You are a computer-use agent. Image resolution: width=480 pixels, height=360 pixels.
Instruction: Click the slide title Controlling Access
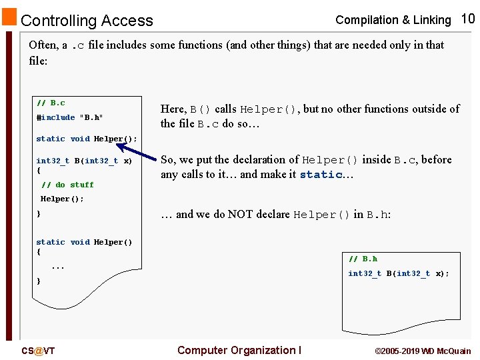point(87,21)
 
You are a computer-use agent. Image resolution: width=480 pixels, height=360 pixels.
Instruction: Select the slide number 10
point(468,19)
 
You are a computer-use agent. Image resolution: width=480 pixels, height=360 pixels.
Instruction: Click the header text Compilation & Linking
point(393,20)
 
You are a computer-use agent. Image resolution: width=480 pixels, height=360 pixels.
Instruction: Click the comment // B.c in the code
point(51,103)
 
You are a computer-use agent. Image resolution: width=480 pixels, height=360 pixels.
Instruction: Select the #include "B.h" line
point(69,117)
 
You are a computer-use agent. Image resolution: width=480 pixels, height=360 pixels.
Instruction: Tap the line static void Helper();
point(86,139)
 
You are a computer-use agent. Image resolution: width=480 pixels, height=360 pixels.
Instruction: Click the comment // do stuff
point(67,185)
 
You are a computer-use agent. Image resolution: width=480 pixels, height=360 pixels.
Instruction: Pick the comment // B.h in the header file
point(363,259)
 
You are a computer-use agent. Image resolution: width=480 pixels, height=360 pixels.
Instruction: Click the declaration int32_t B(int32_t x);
point(398,273)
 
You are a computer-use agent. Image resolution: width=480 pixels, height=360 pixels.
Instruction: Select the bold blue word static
point(321,175)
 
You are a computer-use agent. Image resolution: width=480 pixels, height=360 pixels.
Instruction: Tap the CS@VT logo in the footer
point(38,351)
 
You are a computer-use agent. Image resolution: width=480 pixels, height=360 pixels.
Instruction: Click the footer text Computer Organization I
point(239,350)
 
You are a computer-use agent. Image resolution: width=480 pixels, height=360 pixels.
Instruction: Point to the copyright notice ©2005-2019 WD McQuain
point(423,351)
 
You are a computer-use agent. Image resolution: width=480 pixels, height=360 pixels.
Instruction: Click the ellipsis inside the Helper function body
point(58,267)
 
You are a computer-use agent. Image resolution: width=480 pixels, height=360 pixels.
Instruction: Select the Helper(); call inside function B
point(62,199)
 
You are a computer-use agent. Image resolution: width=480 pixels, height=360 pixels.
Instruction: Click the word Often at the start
point(43,45)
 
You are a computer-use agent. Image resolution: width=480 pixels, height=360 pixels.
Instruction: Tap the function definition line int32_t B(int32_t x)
point(84,161)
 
